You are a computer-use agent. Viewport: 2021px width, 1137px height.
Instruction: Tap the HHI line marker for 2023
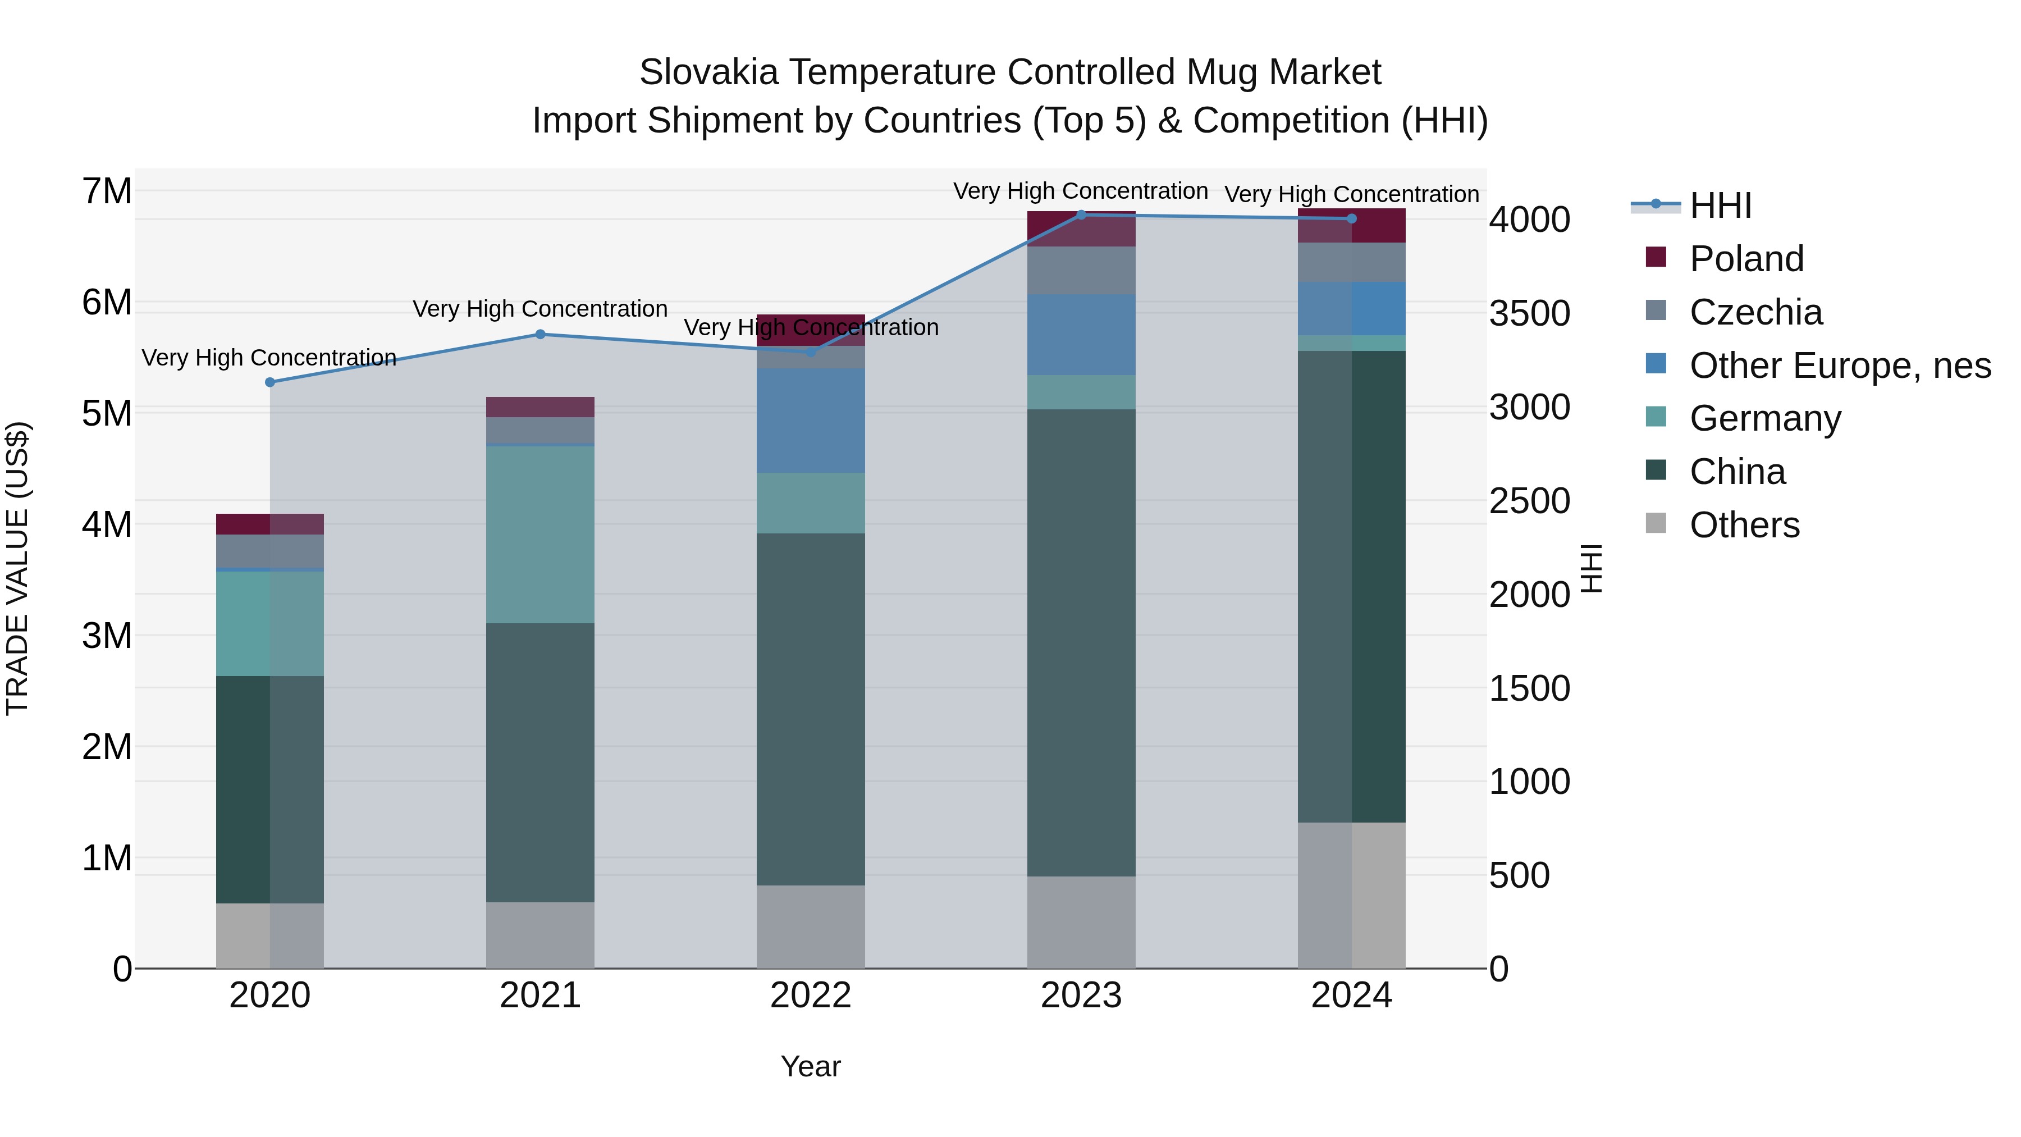tap(1081, 214)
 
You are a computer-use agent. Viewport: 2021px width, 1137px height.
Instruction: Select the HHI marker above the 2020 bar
tap(270, 382)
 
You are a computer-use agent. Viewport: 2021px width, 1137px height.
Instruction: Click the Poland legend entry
tap(1746, 259)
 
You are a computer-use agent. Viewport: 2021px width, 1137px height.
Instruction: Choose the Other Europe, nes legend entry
tap(1840, 366)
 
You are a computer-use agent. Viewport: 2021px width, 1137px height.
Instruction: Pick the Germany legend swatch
tap(1656, 417)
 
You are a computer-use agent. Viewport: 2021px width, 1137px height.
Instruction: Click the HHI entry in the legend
tap(1720, 206)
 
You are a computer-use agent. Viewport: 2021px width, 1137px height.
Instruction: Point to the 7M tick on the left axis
tap(107, 191)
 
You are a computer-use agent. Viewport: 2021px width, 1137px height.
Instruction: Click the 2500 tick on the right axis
tap(1529, 501)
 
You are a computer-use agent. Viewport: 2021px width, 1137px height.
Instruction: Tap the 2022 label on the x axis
tap(811, 996)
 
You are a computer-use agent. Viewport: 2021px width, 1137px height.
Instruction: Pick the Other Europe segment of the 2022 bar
tap(811, 420)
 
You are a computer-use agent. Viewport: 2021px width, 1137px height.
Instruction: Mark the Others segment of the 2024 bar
tap(1351, 894)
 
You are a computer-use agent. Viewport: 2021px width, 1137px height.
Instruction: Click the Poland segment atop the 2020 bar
tap(270, 523)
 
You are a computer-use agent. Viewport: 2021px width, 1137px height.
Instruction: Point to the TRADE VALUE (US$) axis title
tap(17, 568)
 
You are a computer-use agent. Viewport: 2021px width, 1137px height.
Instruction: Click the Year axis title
tap(811, 1066)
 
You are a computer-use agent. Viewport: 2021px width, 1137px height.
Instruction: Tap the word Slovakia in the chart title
tap(708, 72)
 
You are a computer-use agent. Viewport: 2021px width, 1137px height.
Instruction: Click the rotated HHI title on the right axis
tap(1591, 568)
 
